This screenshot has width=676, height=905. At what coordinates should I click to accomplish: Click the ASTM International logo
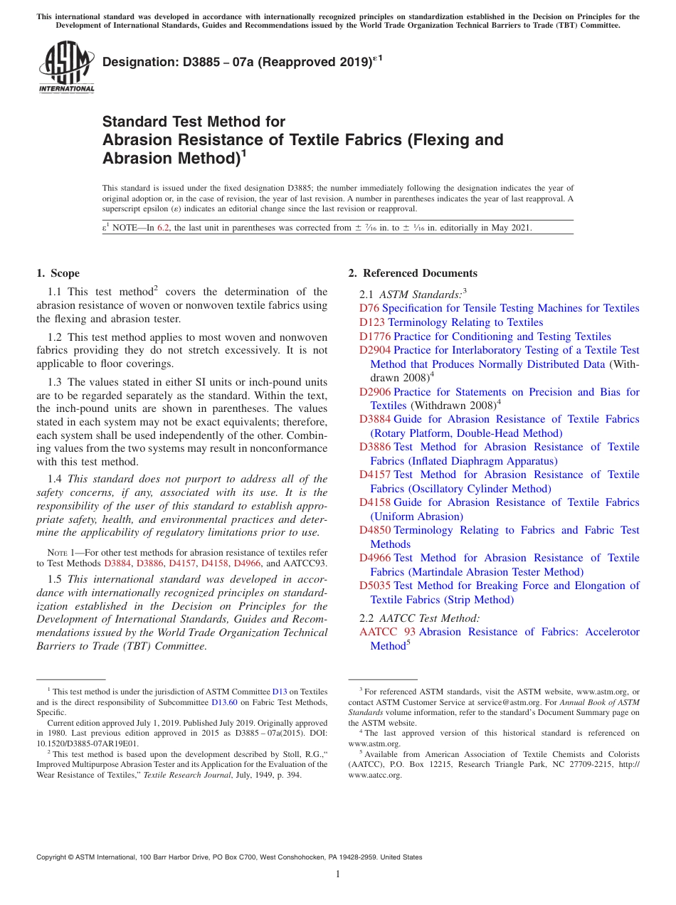tap(66, 67)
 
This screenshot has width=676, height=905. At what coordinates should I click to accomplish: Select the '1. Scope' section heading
tap(58, 273)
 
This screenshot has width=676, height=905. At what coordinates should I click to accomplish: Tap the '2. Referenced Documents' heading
tap(413, 273)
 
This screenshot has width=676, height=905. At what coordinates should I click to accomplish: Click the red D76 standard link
tap(369, 309)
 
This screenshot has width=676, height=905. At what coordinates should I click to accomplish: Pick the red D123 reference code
tap(372, 322)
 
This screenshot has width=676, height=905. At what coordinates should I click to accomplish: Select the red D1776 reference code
tap(375, 337)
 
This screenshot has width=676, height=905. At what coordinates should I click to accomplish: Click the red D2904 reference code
tap(375, 350)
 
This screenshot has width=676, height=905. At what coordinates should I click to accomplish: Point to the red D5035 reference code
tap(375, 586)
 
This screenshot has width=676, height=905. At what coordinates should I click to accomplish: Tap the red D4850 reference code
tap(375, 530)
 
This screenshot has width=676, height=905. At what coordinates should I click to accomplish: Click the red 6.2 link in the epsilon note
tap(164, 228)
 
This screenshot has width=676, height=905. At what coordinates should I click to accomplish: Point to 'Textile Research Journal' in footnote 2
tap(181, 776)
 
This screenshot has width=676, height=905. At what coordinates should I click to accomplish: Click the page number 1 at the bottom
tap(338, 874)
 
